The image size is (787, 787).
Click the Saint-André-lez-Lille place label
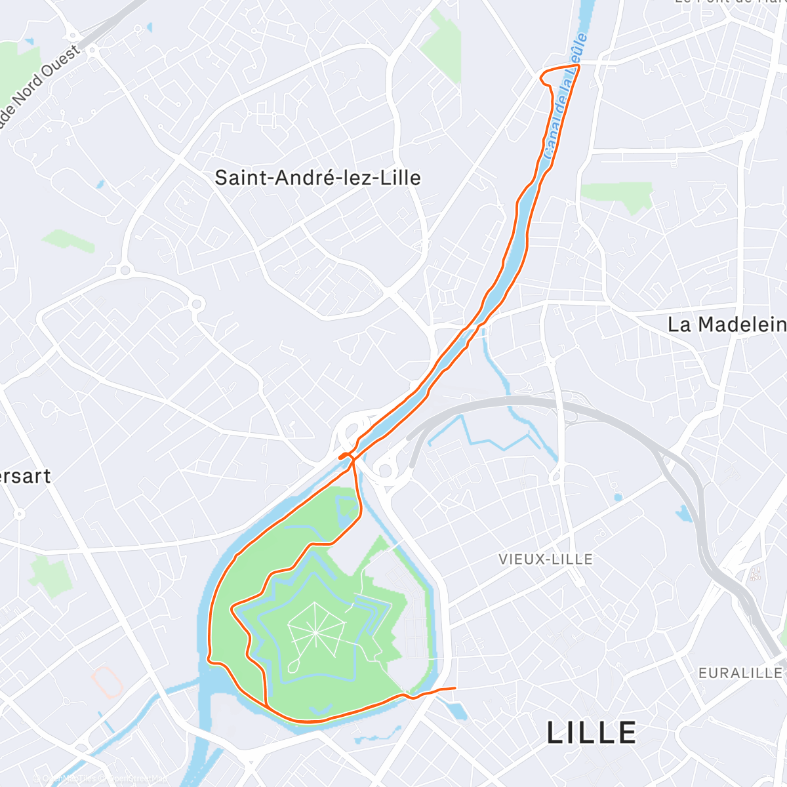point(317,178)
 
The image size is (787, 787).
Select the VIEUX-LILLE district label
point(546,559)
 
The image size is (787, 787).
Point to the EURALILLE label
point(740,674)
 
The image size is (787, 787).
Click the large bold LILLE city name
point(592,733)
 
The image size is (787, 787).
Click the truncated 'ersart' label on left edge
point(25,476)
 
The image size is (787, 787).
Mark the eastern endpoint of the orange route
point(454,688)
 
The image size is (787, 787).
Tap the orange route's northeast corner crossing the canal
point(579,66)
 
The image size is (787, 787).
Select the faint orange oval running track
point(107,682)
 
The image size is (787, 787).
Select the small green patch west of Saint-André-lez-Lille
point(69,241)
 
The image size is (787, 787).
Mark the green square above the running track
point(49,573)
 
